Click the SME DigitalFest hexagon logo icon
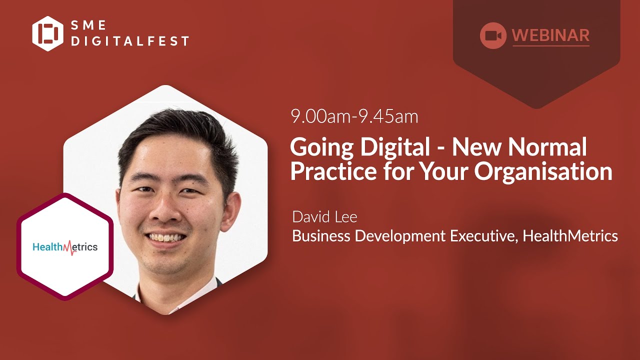coord(48,33)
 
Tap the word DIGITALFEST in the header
coord(130,41)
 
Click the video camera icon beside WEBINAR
coord(493,35)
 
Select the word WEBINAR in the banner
coord(550,35)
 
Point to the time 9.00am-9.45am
coord(354,116)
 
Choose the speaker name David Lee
coord(324,217)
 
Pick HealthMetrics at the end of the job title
coord(570,235)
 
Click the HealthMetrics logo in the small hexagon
coord(65,247)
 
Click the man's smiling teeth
coord(165,236)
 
